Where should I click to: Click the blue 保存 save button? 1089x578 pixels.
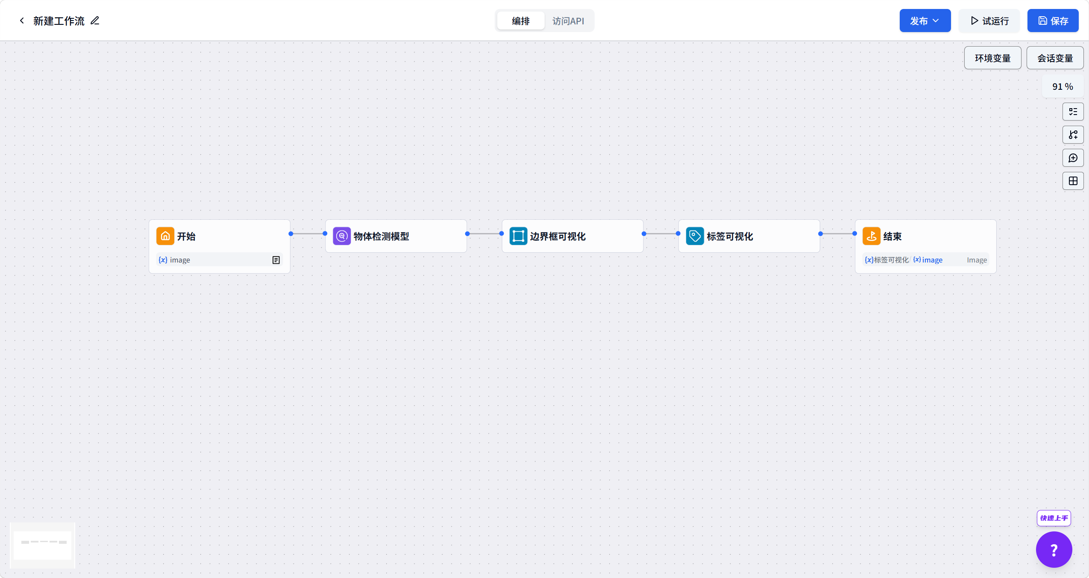(x=1053, y=21)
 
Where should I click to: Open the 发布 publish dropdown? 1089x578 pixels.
(x=925, y=21)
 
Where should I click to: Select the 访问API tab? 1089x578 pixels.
(x=568, y=21)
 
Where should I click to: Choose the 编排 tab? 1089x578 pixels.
(x=521, y=21)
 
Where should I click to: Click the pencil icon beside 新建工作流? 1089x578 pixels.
(x=95, y=21)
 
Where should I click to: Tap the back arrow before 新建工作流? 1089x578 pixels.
(x=22, y=21)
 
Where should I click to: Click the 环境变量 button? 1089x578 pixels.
(x=992, y=58)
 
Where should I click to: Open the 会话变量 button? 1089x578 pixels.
(x=1055, y=58)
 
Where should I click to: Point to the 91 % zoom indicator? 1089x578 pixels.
(x=1063, y=86)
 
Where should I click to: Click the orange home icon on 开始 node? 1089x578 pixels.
(x=165, y=236)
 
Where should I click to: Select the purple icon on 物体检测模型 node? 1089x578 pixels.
(x=342, y=236)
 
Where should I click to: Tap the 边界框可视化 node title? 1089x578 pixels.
(x=558, y=236)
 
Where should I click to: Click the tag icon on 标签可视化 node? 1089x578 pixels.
(x=695, y=236)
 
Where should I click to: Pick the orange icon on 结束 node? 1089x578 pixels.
(x=872, y=236)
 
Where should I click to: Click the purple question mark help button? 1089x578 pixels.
(x=1054, y=549)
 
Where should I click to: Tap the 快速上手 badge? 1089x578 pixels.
(x=1054, y=518)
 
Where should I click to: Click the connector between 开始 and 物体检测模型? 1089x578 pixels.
(x=308, y=233)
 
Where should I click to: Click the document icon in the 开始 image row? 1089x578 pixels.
(x=276, y=260)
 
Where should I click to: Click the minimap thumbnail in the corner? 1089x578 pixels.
(x=42, y=546)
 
